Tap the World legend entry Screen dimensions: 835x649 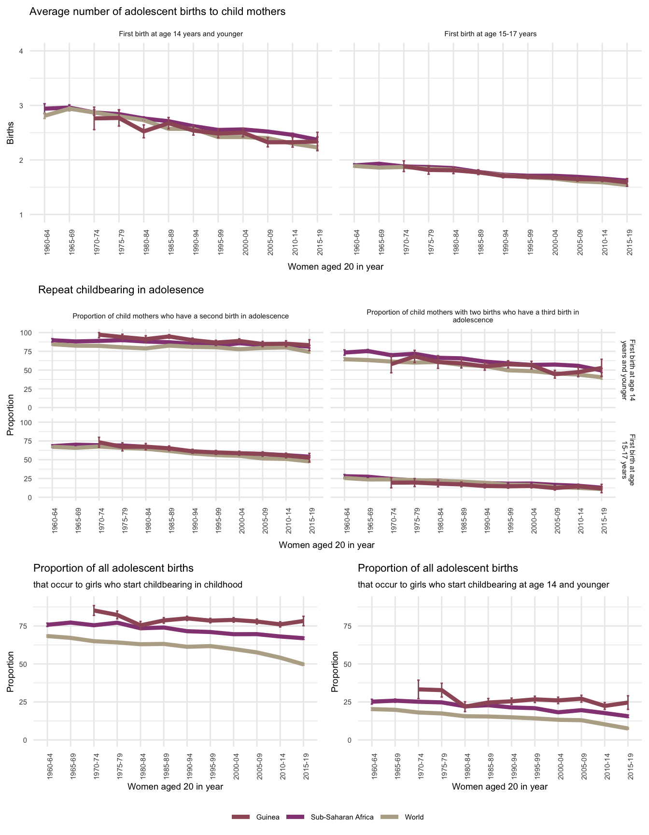(x=414, y=817)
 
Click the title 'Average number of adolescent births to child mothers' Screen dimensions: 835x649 (x=157, y=12)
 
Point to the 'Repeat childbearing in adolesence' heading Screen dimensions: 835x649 (x=121, y=290)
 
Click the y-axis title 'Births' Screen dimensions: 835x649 (x=10, y=133)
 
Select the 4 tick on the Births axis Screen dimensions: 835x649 (x=21, y=51)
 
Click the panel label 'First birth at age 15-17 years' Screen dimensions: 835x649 (x=490, y=34)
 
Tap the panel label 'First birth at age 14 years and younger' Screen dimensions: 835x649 (x=181, y=34)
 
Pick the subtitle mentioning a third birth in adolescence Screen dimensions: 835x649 (x=473, y=316)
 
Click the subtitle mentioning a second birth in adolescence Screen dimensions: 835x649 (x=181, y=316)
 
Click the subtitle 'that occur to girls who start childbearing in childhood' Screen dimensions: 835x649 (x=138, y=585)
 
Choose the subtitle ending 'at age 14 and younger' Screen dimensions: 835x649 (x=483, y=585)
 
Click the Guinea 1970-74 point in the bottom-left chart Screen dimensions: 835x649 (x=94, y=611)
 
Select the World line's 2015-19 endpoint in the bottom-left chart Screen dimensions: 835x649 (x=303, y=664)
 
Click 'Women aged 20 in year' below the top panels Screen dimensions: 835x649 (x=335, y=266)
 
